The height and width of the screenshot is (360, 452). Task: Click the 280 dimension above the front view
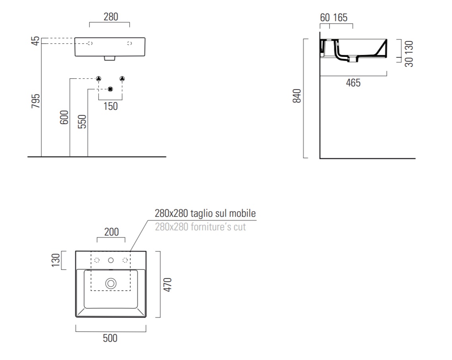(111, 17)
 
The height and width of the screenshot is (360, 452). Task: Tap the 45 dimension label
(35, 41)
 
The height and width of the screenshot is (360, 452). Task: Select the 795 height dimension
(35, 101)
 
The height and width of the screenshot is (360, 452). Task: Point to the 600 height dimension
(64, 117)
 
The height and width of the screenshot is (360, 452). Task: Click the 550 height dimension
(82, 121)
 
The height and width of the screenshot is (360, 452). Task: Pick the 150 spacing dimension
(111, 106)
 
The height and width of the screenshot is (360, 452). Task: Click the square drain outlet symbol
(110, 89)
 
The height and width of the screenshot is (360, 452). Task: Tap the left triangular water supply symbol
(99, 78)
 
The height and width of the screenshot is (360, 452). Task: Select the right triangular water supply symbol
(122, 78)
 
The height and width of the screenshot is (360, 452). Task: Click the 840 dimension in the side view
(297, 96)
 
